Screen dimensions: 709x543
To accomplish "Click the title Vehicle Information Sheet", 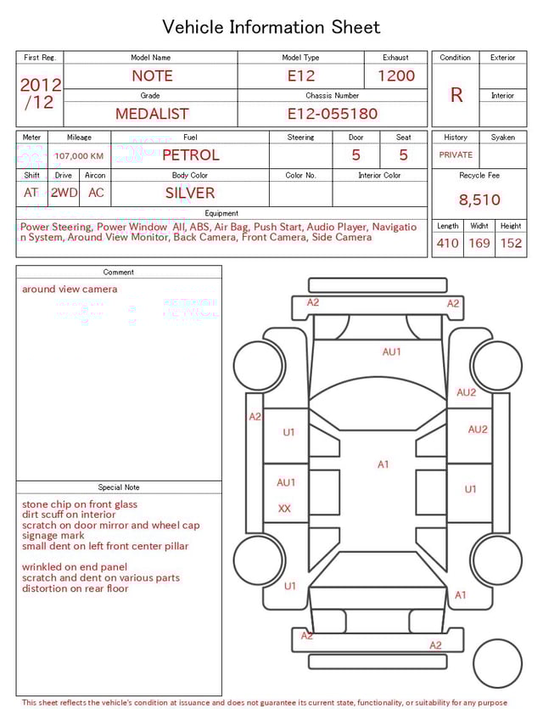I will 271,27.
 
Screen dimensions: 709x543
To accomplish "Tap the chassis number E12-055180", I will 332,114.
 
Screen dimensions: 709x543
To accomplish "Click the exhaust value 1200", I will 395,76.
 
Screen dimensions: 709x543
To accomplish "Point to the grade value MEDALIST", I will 152,114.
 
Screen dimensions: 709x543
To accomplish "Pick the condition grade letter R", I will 456,95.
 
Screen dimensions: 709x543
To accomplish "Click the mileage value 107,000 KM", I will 79,156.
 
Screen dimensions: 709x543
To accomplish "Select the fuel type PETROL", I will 190,155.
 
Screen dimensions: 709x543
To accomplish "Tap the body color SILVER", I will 190,193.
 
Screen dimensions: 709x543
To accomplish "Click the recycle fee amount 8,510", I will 479,200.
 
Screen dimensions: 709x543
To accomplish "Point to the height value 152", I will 511,244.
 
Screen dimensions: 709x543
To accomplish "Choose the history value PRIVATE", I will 456,155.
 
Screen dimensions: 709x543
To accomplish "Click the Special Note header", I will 119,487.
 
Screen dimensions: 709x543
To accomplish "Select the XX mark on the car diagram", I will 285,509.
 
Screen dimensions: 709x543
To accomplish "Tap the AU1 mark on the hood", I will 391,352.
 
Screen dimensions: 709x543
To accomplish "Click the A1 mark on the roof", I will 383,464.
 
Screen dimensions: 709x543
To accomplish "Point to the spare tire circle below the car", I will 497,664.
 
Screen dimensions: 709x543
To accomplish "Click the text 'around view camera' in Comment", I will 70,290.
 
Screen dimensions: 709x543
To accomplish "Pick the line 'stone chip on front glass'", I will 80,504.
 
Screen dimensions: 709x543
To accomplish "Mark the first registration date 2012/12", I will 40,94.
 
